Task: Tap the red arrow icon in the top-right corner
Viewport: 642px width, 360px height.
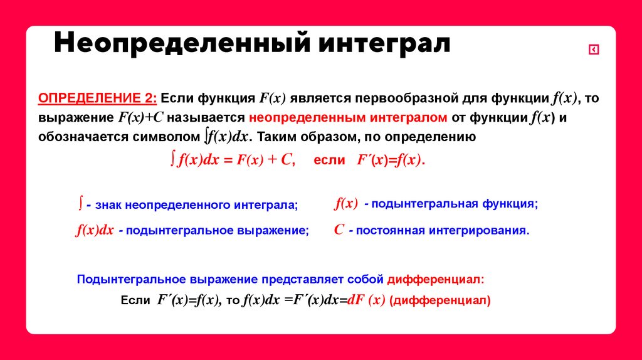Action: [593, 50]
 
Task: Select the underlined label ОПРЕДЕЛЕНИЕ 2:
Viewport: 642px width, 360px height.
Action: [98, 98]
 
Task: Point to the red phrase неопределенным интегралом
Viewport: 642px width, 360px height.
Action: [348, 117]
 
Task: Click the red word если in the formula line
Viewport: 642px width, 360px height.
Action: [329, 160]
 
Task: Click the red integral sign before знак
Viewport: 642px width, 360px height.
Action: [81, 203]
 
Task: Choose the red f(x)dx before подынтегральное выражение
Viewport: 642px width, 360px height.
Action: [95, 230]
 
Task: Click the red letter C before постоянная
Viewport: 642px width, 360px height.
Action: [339, 230]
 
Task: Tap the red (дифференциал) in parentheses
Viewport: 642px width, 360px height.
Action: [439, 300]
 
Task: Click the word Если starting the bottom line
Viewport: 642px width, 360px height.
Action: [135, 300]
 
